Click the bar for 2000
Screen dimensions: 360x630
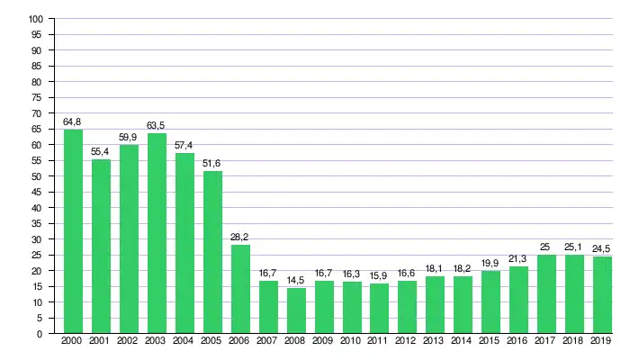pyautogui.click(x=73, y=231)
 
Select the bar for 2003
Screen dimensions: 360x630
pyautogui.click(x=157, y=233)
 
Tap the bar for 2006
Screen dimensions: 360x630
pyautogui.click(x=240, y=289)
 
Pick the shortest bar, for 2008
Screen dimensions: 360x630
pyautogui.click(x=296, y=310)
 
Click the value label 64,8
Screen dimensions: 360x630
pyautogui.click(x=73, y=121)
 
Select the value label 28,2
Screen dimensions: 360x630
pyautogui.click(x=240, y=237)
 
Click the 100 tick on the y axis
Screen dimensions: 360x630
pyautogui.click(x=35, y=19)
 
